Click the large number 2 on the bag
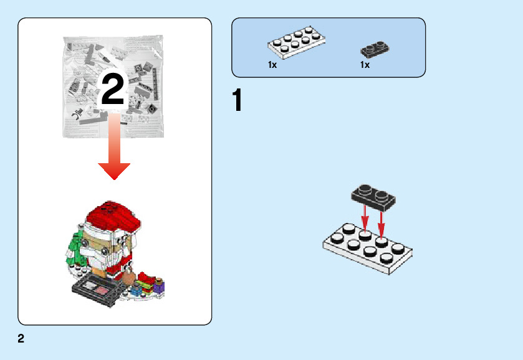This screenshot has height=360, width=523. (x=113, y=91)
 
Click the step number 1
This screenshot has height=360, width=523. (x=237, y=101)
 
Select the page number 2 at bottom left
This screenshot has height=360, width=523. (x=21, y=339)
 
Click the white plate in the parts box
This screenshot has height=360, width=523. (x=297, y=42)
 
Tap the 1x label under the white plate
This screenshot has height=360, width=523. (x=272, y=65)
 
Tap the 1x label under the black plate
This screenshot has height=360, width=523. (x=365, y=65)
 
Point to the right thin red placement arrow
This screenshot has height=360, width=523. (x=381, y=223)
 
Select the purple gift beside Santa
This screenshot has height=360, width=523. (x=160, y=287)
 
